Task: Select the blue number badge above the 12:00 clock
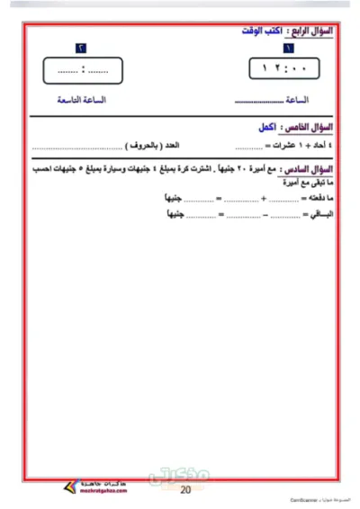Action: pyautogui.click(x=288, y=48)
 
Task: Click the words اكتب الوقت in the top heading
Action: pyautogui.click(x=260, y=31)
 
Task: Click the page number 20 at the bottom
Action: pyautogui.click(x=185, y=490)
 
